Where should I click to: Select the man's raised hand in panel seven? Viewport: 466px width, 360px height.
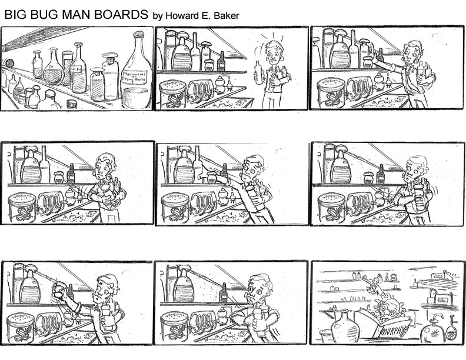(x=59, y=289)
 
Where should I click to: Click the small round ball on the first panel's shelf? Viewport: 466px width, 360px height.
(x=8, y=63)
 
